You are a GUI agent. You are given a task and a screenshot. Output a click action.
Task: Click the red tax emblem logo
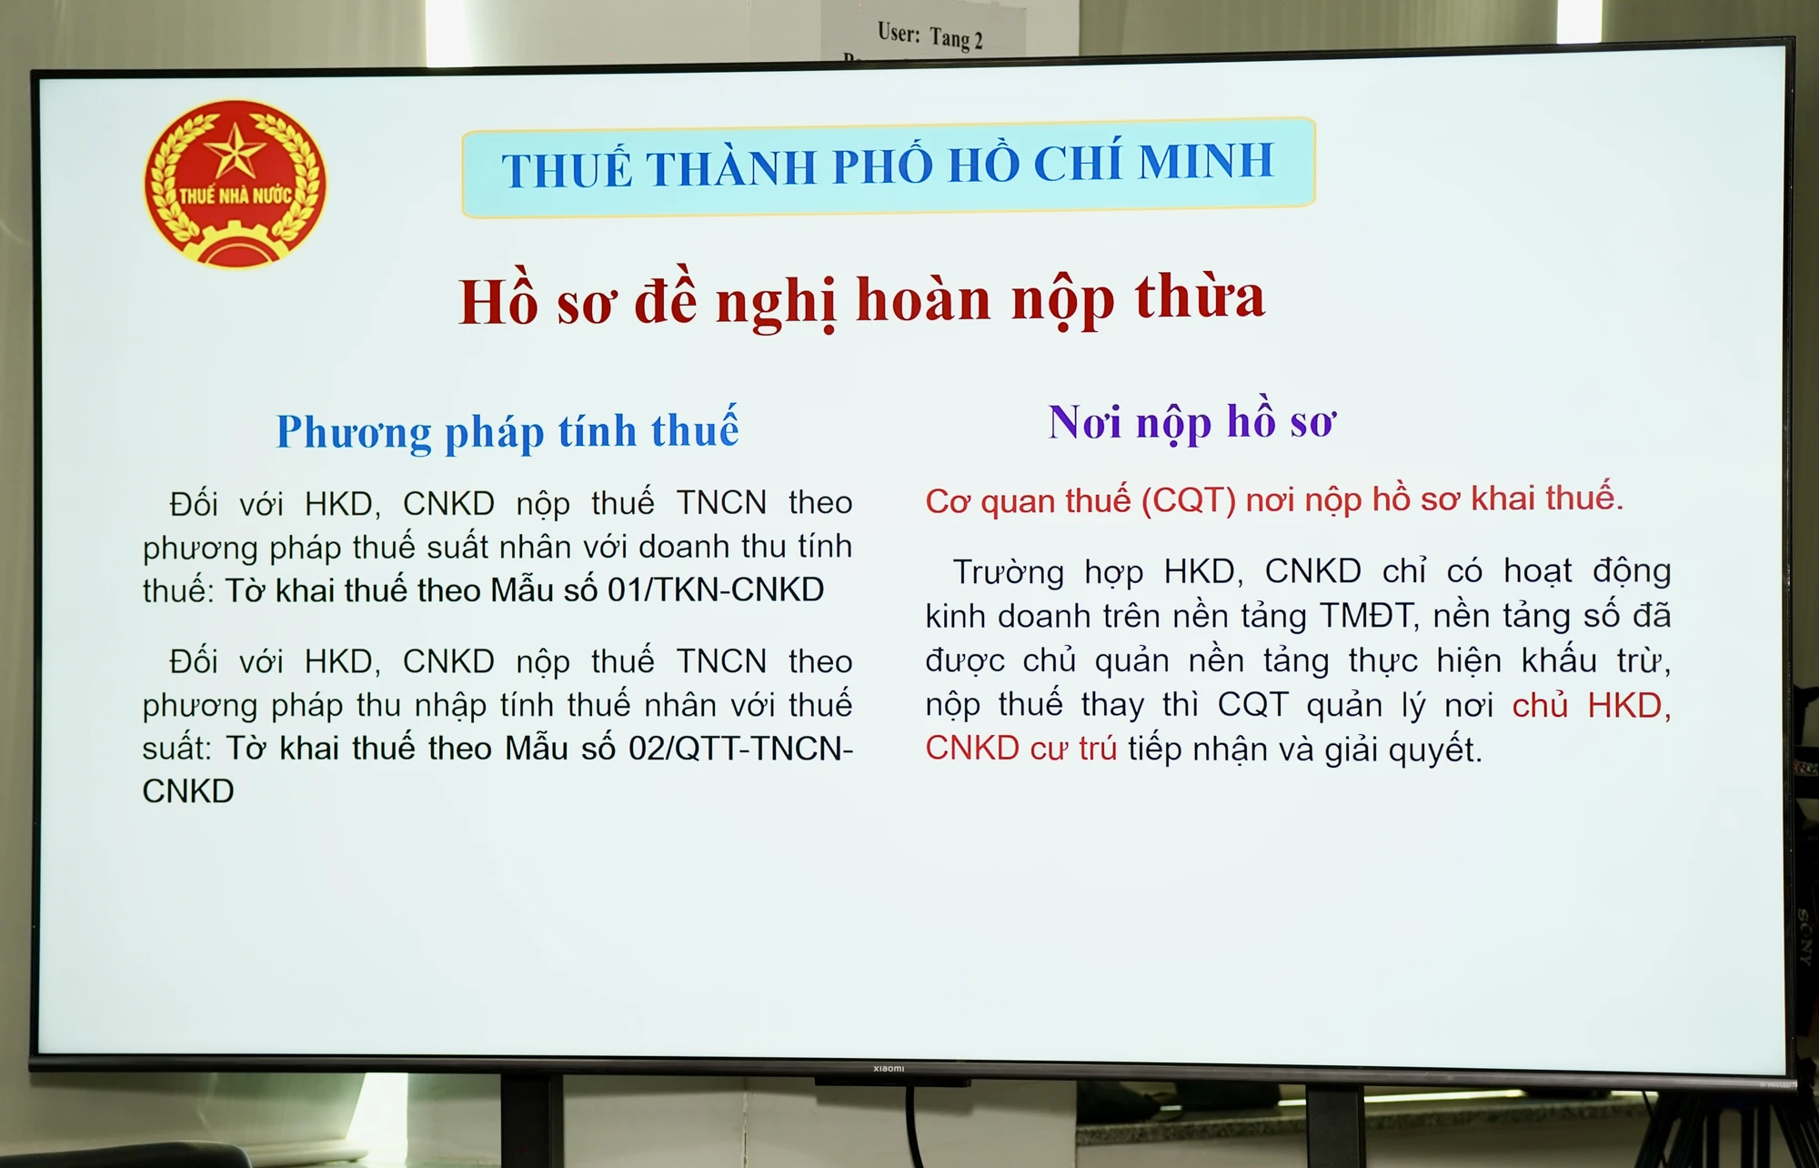click(x=235, y=183)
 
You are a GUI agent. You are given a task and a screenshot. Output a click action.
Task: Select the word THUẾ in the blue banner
click(x=566, y=170)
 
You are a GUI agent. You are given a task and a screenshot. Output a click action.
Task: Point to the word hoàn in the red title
click(x=923, y=300)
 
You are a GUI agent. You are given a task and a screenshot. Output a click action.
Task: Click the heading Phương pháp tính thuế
click(x=508, y=431)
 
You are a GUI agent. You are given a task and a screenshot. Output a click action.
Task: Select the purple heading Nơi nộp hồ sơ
click(x=1191, y=422)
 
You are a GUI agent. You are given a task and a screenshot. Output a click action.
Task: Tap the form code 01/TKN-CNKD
click(x=716, y=589)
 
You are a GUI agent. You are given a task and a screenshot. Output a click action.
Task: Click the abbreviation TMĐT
click(x=1368, y=616)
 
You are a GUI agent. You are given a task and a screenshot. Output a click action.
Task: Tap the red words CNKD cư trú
click(x=1020, y=749)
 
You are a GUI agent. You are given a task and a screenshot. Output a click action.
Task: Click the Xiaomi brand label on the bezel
click(x=889, y=1068)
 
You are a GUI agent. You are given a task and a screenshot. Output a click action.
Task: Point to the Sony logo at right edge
click(x=1804, y=937)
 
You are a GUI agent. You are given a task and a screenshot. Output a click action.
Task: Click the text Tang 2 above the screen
click(x=956, y=39)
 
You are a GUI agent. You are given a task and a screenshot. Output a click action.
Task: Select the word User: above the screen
click(x=899, y=34)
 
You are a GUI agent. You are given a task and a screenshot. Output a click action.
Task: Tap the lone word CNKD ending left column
click(x=188, y=791)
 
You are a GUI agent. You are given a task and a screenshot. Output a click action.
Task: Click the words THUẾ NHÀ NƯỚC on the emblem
click(x=235, y=196)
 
